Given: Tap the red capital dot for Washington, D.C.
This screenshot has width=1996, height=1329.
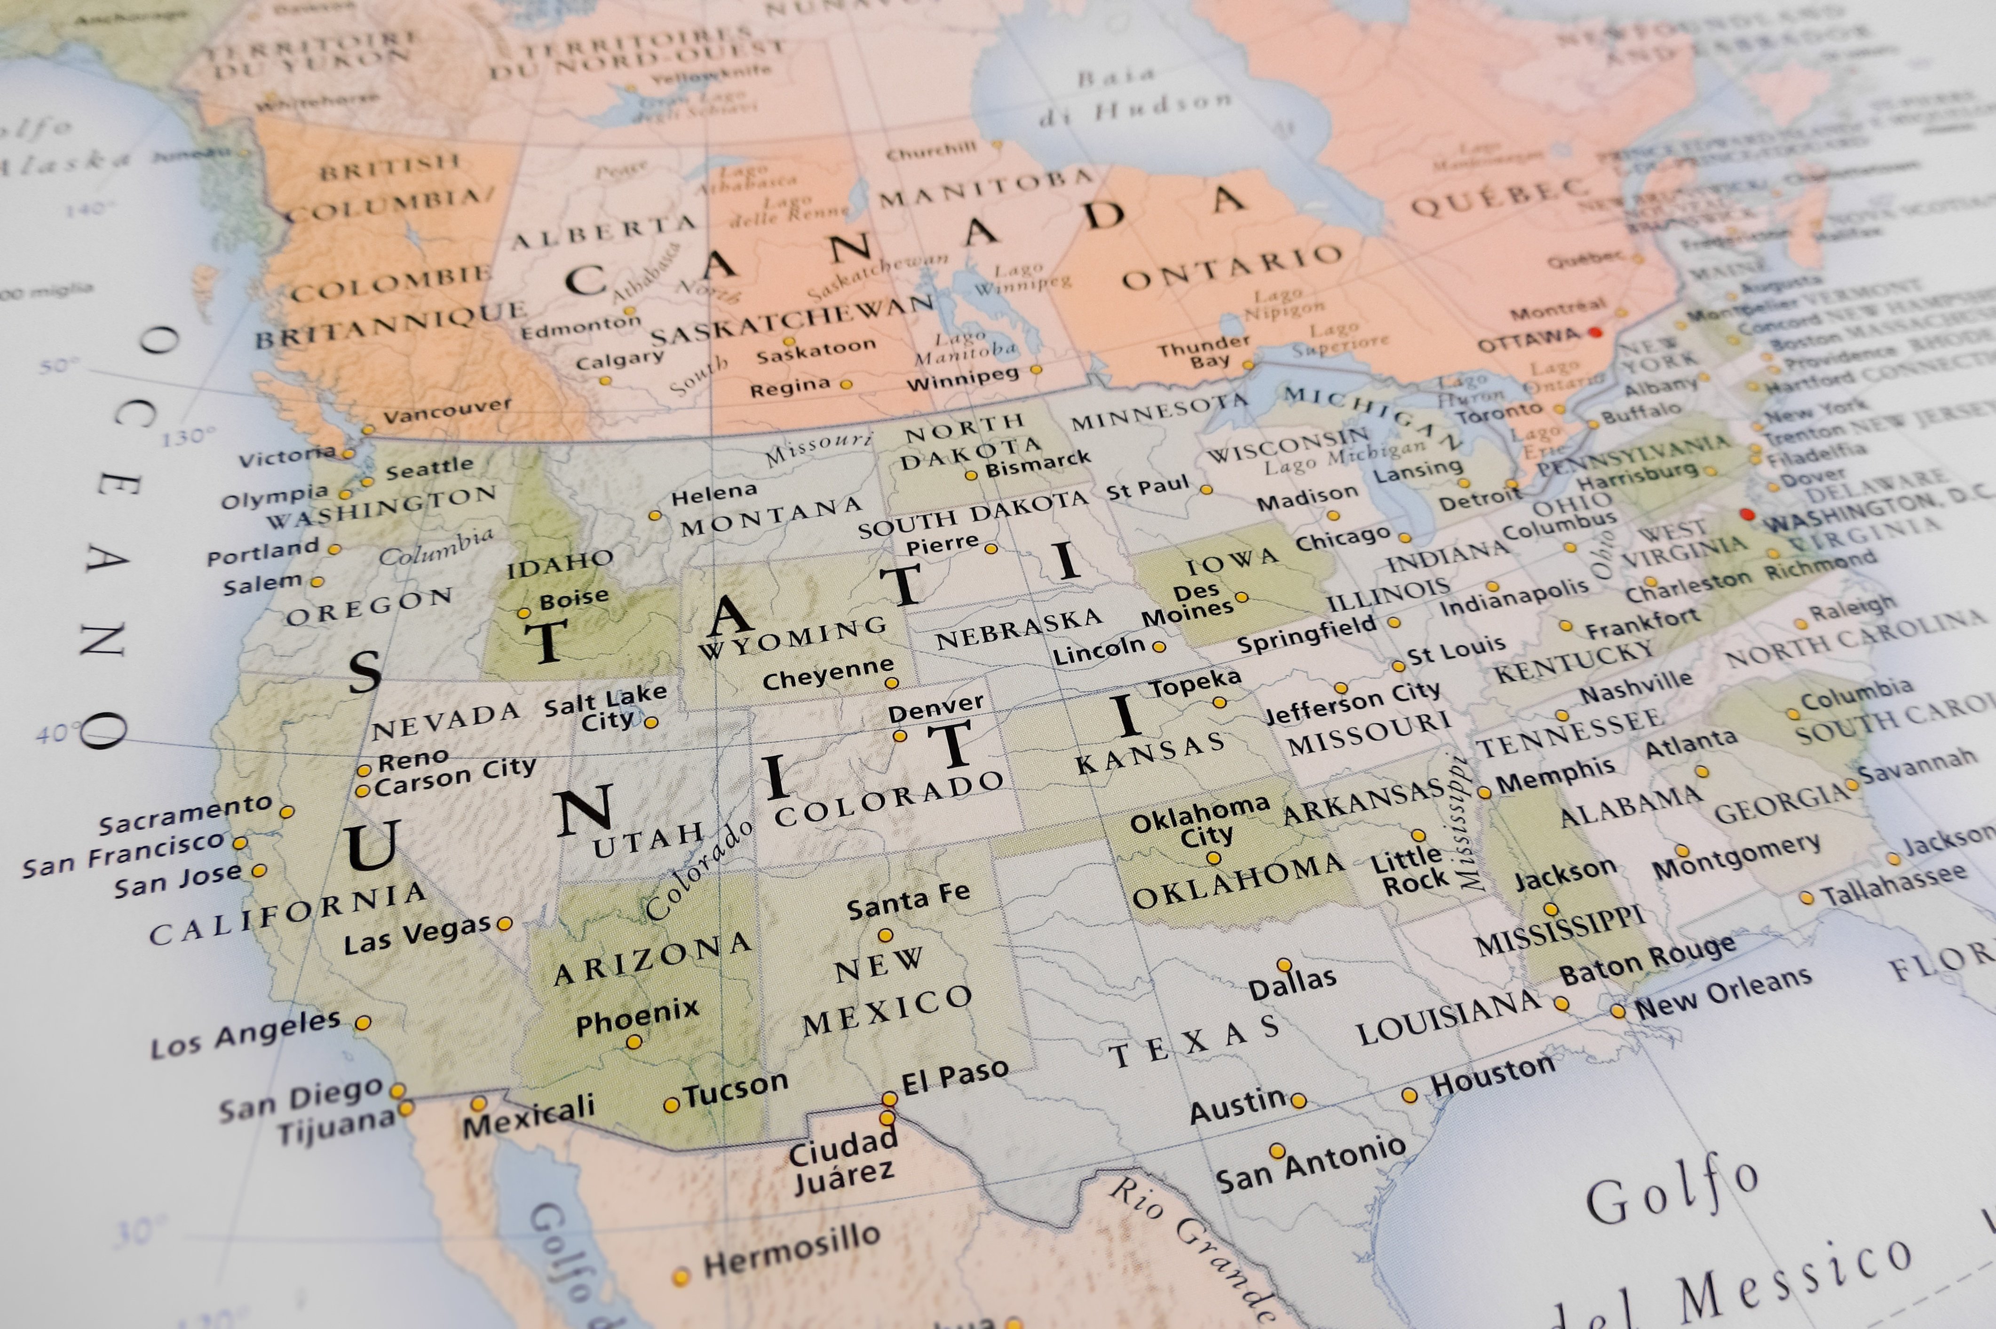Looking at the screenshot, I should pyautogui.click(x=1747, y=514).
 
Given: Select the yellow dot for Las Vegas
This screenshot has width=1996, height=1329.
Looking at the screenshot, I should pyautogui.click(x=505, y=923).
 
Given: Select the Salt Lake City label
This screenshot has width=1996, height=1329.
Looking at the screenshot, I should pyautogui.click(x=605, y=708).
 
